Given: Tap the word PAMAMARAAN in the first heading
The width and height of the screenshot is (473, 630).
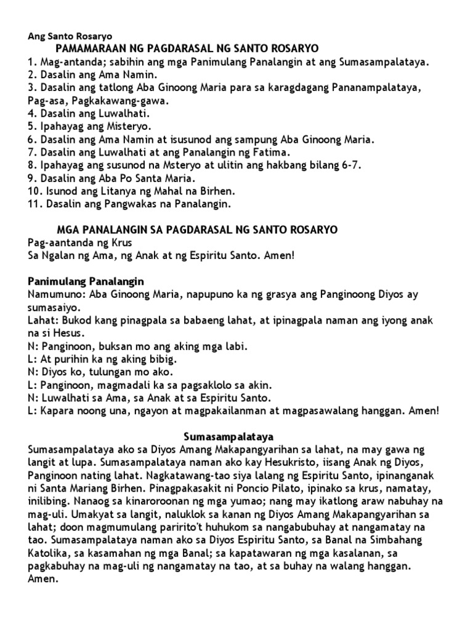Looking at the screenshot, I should pyautogui.click(x=90, y=49).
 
